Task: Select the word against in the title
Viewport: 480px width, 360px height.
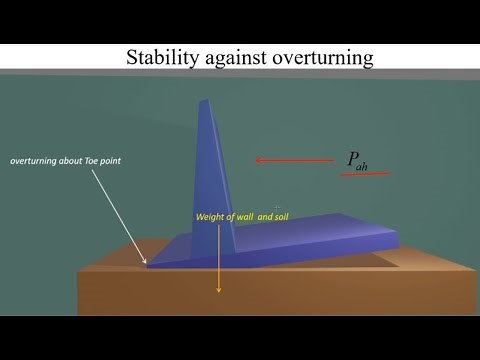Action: tap(233, 58)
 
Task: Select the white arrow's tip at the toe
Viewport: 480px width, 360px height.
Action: tap(147, 264)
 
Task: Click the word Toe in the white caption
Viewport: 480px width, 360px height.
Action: tap(104, 161)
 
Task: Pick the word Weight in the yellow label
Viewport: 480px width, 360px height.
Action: tap(210, 215)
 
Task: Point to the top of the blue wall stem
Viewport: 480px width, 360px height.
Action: tap(207, 103)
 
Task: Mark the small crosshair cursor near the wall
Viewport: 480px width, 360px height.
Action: tap(277, 208)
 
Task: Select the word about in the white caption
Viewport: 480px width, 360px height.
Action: tap(80, 161)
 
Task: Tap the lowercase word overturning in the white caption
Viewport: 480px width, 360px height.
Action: tap(38, 161)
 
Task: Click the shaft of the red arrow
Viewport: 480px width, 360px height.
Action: tap(300, 160)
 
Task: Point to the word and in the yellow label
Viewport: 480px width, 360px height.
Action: tap(266, 215)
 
